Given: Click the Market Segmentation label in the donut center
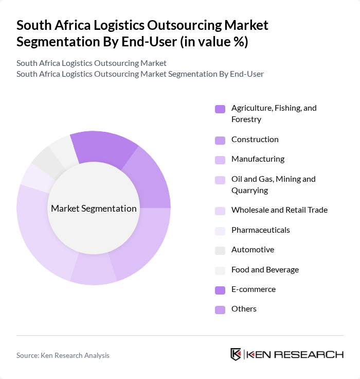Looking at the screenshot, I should click(x=94, y=209).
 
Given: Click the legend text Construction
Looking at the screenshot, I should click(x=255, y=140).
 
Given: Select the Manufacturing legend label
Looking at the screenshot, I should click(x=258, y=159).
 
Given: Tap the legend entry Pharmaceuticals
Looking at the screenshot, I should click(x=260, y=230).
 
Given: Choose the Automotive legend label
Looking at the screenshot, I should click(x=253, y=250).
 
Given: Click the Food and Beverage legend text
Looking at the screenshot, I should click(x=265, y=270).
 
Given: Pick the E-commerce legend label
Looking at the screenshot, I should click(x=253, y=289).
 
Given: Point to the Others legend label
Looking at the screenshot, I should click(x=244, y=309).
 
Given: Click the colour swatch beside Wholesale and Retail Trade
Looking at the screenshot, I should click(x=220, y=211).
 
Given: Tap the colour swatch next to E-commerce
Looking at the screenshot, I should click(x=220, y=290).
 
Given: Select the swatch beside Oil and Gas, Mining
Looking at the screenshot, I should click(x=220, y=180).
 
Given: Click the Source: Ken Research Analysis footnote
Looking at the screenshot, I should click(x=63, y=355).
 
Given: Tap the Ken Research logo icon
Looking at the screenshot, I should click(x=236, y=355).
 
